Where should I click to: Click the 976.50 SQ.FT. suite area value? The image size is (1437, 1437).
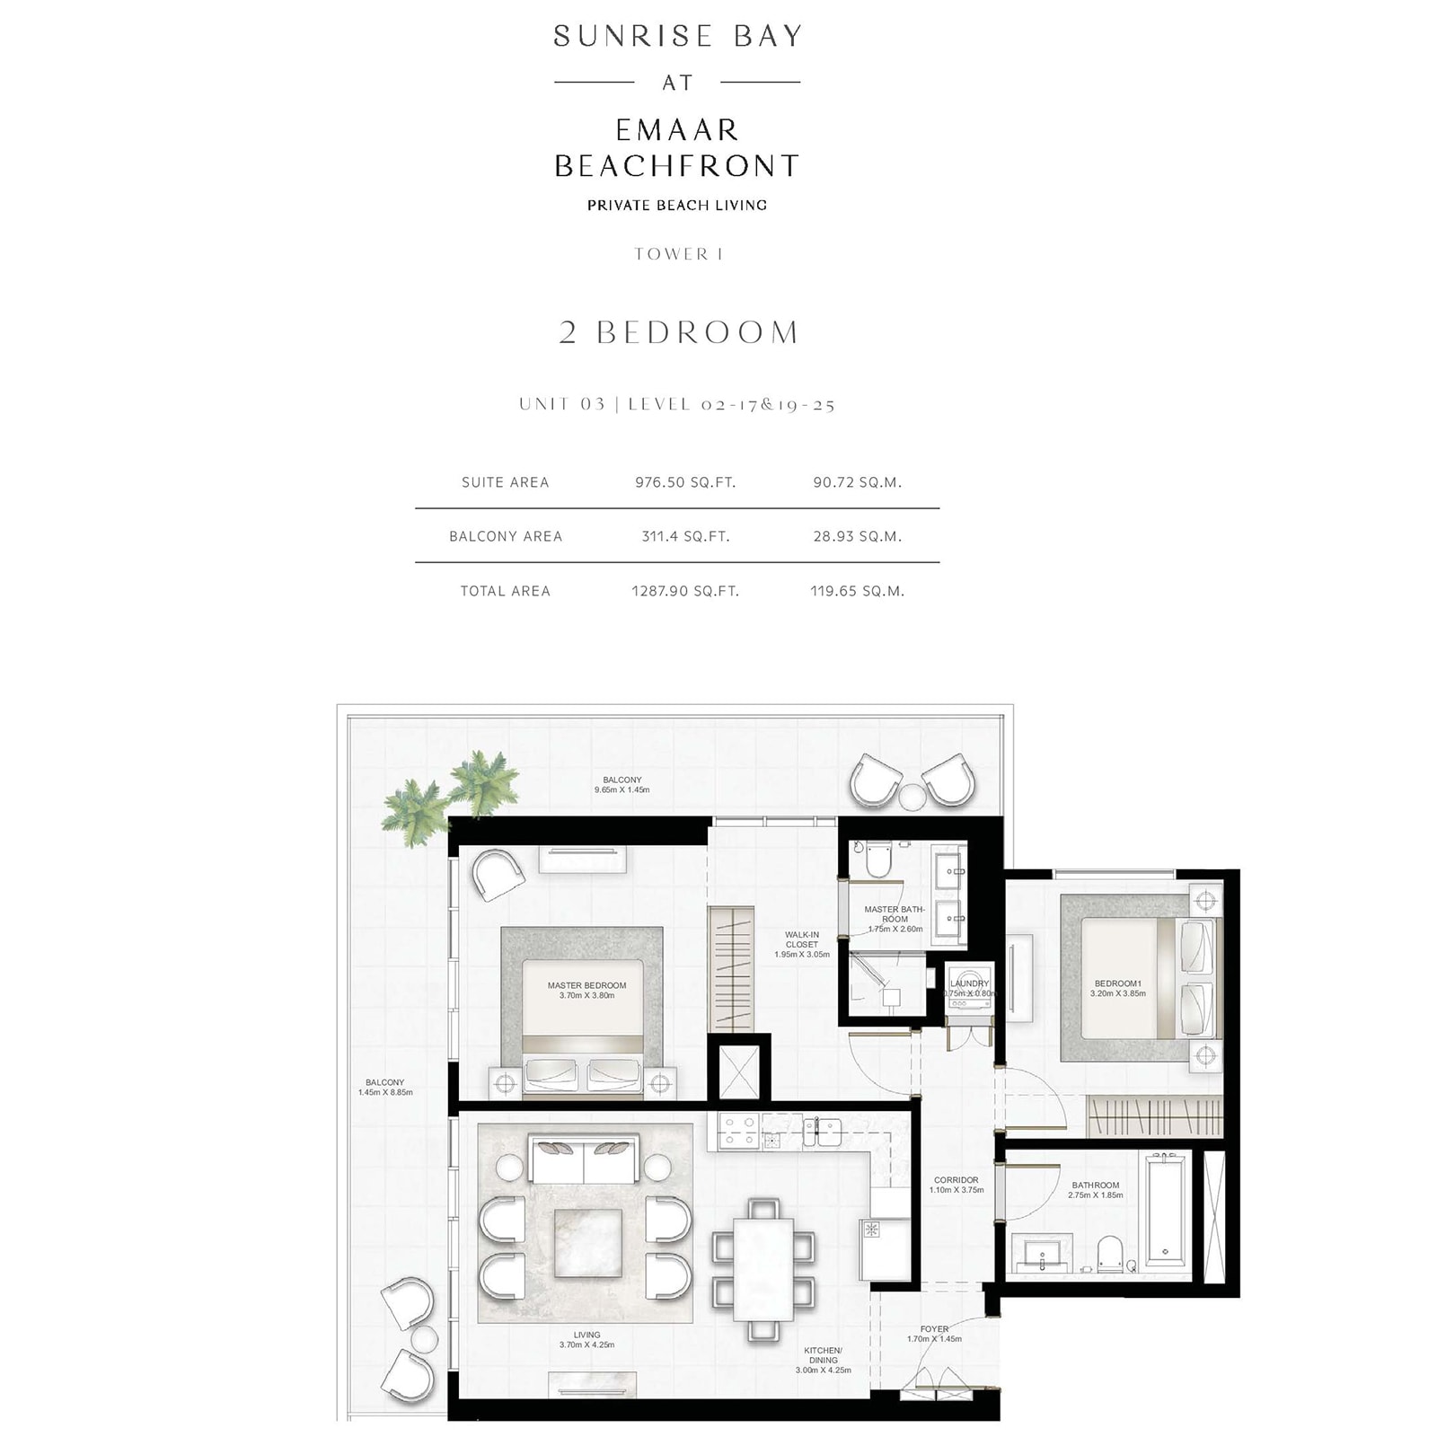coord(685,482)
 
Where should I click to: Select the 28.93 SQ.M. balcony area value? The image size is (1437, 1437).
coord(857,536)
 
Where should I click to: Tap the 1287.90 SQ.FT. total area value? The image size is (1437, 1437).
coord(685,591)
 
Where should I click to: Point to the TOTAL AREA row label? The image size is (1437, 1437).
coord(505,591)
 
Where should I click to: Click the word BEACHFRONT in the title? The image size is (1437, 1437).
coord(677,166)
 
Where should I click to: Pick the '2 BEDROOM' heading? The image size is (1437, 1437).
coord(678,332)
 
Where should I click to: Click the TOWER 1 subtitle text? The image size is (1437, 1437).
coord(678,254)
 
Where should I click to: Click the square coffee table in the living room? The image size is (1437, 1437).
coord(588,1243)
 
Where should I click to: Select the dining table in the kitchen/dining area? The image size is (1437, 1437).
coord(763,1268)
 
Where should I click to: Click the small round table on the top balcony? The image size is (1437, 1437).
coord(912,797)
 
